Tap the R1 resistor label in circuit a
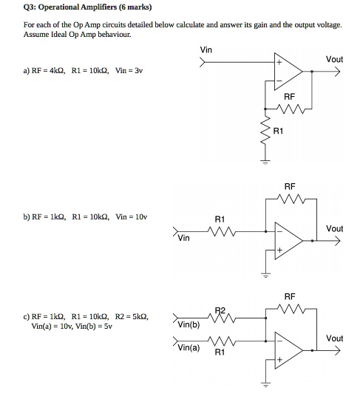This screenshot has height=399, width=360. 278,131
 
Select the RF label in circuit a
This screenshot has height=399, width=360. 289,97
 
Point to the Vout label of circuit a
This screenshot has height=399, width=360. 334,59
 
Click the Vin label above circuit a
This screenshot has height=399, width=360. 206,50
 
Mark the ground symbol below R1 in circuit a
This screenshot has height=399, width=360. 262,160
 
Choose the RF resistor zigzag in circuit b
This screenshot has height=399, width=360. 289,199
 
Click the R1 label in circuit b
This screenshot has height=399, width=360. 219,219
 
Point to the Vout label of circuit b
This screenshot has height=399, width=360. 334,229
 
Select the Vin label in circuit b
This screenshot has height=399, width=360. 183,239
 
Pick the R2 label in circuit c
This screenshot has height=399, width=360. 219,310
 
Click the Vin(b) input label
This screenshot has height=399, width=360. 188,325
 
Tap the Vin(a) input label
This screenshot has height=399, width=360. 188,347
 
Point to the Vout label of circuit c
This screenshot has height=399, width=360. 334,338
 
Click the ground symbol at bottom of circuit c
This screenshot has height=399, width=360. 262,385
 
